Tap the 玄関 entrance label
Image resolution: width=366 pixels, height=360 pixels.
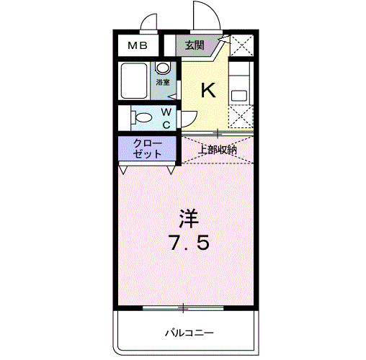click(194, 45)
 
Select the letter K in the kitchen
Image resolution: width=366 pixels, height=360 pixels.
click(207, 90)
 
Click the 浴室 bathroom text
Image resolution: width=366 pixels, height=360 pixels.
click(164, 82)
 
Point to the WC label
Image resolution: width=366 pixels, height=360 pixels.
click(166, 118)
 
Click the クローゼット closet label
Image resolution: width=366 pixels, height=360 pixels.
click(148, 149)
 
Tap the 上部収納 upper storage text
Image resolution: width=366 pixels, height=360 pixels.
click(218, 150)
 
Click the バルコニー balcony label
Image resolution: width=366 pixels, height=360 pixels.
click(189, 332)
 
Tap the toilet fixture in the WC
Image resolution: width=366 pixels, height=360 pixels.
click(141, 117)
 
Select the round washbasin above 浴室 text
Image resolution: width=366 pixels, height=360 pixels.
click(164, 68)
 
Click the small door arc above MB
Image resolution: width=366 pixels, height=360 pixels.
click(149, 23)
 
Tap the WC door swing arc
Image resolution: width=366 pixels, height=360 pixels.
click(189, 120)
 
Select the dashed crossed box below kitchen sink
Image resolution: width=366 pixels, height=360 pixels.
click(241, 116)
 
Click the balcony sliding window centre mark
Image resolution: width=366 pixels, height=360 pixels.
click(183, 307)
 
